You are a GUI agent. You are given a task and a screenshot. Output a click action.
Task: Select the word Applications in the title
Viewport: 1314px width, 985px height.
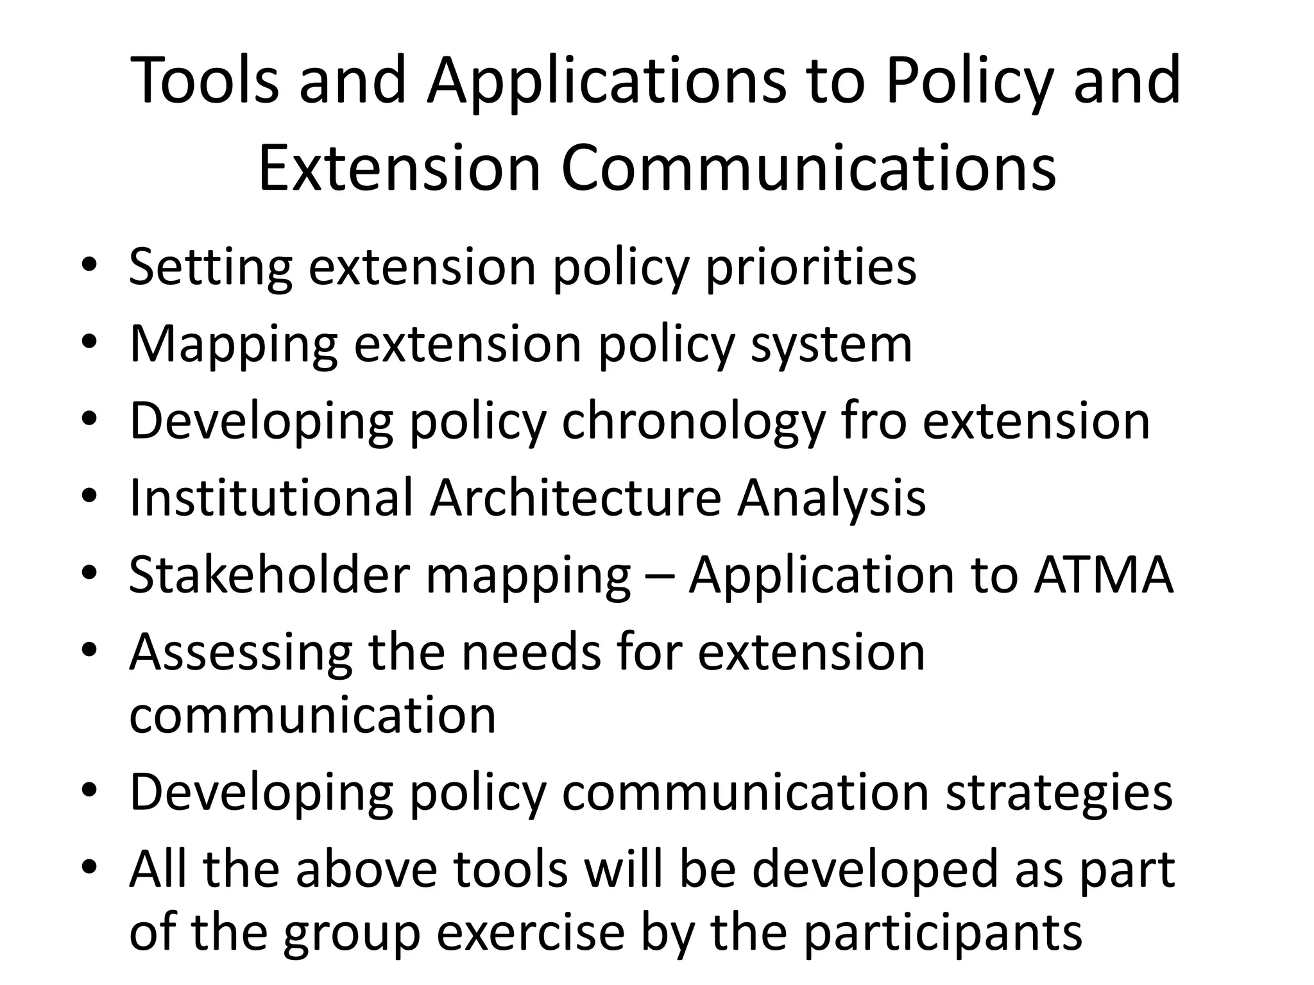606,82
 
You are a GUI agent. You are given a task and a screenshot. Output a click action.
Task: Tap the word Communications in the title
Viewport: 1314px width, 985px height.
808,168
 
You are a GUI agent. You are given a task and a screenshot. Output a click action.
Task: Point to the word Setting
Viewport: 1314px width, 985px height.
210,267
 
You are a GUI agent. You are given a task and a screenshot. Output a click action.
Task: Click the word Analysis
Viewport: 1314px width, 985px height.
832,499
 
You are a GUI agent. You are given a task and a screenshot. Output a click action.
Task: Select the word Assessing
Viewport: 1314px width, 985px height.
241,653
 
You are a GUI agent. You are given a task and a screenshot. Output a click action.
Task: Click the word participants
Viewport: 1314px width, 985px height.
943,933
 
